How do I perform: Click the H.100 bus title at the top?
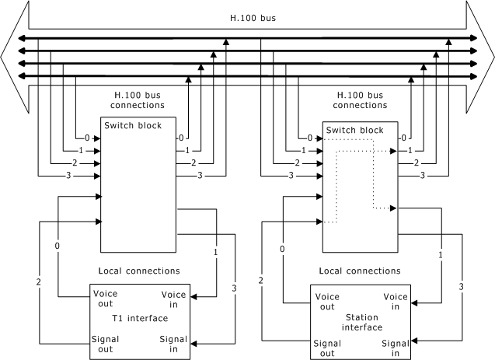point(247,16)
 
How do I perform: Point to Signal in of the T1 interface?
point(173,344)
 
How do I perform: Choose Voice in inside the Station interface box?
point(396,302)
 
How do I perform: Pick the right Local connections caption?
point(361,272)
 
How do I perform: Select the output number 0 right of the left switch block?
point(182,138)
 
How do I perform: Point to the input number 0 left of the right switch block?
point(310,138)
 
